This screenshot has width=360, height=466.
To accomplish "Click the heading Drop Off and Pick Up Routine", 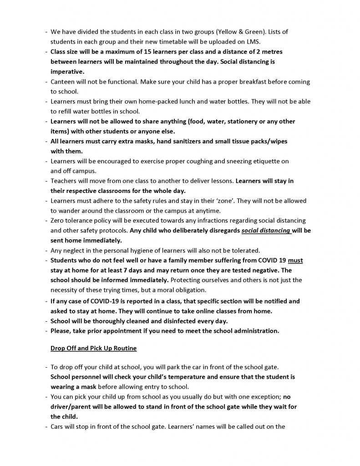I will tap(94, 349).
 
